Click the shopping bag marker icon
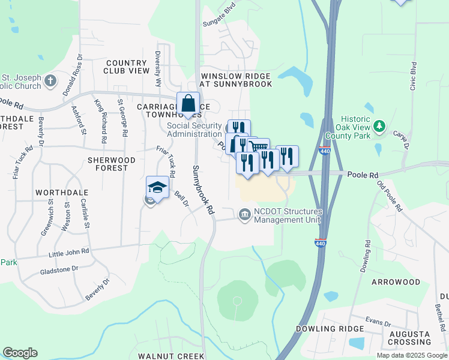188,103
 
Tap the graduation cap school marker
157,187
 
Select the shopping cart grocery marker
259,148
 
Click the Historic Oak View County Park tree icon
379,127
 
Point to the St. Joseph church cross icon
50,80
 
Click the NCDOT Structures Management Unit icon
244,214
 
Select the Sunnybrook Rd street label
203,190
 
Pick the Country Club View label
127,67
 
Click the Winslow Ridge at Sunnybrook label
237,80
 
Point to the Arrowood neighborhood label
396,281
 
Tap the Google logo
20,353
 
